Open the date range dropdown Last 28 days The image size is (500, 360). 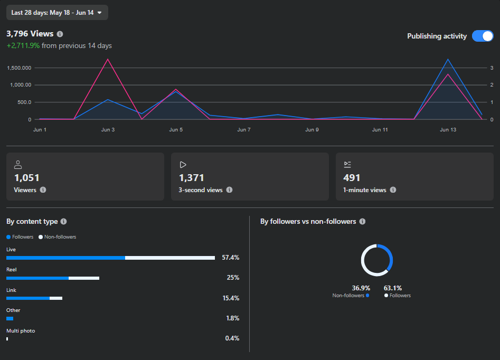57,13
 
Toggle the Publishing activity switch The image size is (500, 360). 483,36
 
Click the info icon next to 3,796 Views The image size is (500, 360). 60,34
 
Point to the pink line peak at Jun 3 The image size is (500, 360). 108,59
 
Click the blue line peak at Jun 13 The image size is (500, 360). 448,59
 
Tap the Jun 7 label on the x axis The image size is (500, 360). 244,130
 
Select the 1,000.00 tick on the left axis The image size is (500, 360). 21,85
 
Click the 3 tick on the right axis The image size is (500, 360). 492,68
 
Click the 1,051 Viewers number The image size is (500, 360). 27,177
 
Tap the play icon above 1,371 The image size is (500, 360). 183,165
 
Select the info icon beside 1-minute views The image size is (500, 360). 393,190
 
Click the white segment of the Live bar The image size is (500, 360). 170,258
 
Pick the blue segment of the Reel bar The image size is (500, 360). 37,278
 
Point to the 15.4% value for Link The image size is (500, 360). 231,298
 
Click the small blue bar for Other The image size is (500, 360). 10,318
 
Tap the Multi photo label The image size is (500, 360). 21,330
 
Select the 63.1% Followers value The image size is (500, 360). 393,288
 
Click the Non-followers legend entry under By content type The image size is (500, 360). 58,237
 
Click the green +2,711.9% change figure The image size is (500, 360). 23,45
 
